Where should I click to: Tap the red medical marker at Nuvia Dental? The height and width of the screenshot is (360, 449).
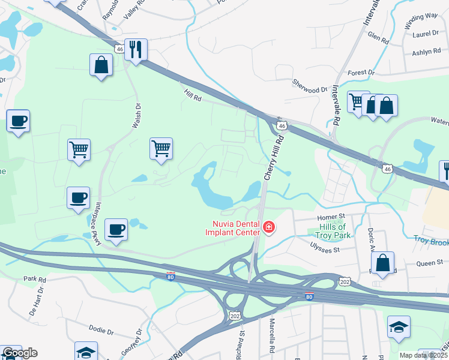point(269,227)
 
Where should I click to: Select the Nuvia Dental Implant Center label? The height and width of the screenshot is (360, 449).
point(233,227)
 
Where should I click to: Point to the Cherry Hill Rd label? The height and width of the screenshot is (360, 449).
point(274,157)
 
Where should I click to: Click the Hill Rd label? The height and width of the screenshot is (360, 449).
point(193,94)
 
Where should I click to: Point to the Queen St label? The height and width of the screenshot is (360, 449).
point(430,262)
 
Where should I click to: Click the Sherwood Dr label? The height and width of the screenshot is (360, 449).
point(310,86)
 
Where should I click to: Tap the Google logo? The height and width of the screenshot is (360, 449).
point(19,352)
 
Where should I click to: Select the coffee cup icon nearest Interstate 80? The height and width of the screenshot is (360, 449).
point(116,229)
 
